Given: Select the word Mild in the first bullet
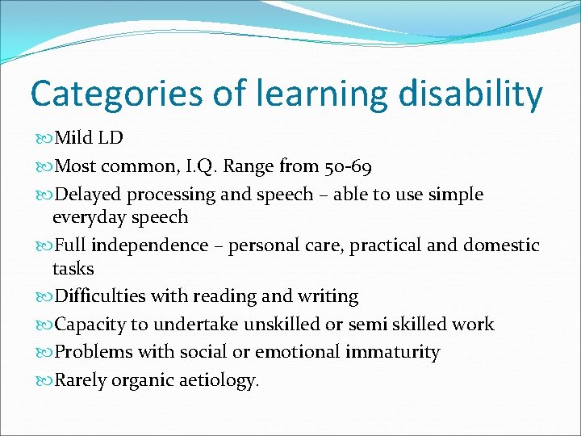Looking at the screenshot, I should click(x=73, y=138).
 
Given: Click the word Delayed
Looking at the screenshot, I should click(x=86, y=195).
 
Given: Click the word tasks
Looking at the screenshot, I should click(x=73, y=268).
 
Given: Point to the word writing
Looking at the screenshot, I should click(x=328, y=296).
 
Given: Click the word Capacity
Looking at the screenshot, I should click(x=88, y=325).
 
